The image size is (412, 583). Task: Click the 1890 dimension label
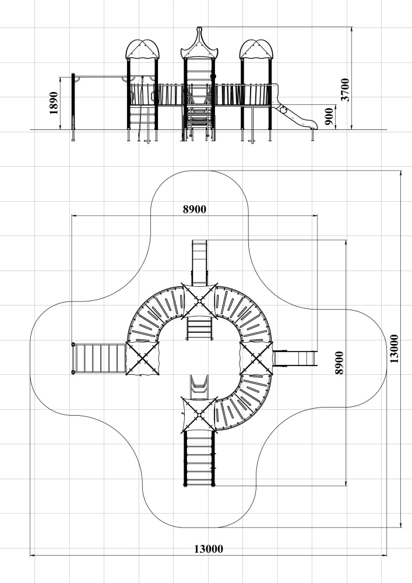(54, 103)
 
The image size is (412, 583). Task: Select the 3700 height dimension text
(345, 90)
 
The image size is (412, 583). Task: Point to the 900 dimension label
(329, 117)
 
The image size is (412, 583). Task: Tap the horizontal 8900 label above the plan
(194, 209)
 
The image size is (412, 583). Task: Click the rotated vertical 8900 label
(339, 363)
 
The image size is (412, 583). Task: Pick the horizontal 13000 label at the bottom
(209, 549)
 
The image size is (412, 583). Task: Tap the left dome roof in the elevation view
(143, 50)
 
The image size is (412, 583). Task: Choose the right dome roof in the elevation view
(256, 50)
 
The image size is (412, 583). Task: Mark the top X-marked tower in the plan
(199, 300)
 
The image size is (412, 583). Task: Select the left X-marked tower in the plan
(142, 358)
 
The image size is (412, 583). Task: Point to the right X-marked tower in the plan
(256, 358)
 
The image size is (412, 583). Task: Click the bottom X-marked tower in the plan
(199, 415)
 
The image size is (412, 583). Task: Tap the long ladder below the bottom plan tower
(199, 458)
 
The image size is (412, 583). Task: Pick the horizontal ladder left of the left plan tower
(99, 358)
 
